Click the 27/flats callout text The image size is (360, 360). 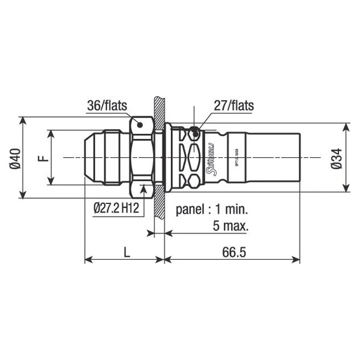tap(233, 106)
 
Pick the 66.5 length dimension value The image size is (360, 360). tap(233, 253)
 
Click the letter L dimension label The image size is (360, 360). tap(126, 253)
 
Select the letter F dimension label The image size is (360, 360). tap(42, 158)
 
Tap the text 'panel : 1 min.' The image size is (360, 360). tap(212, 211)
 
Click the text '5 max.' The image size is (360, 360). tap(231, 226)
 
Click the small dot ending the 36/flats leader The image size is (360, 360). tap(139, 125)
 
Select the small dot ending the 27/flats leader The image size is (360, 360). tap(193, 131)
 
